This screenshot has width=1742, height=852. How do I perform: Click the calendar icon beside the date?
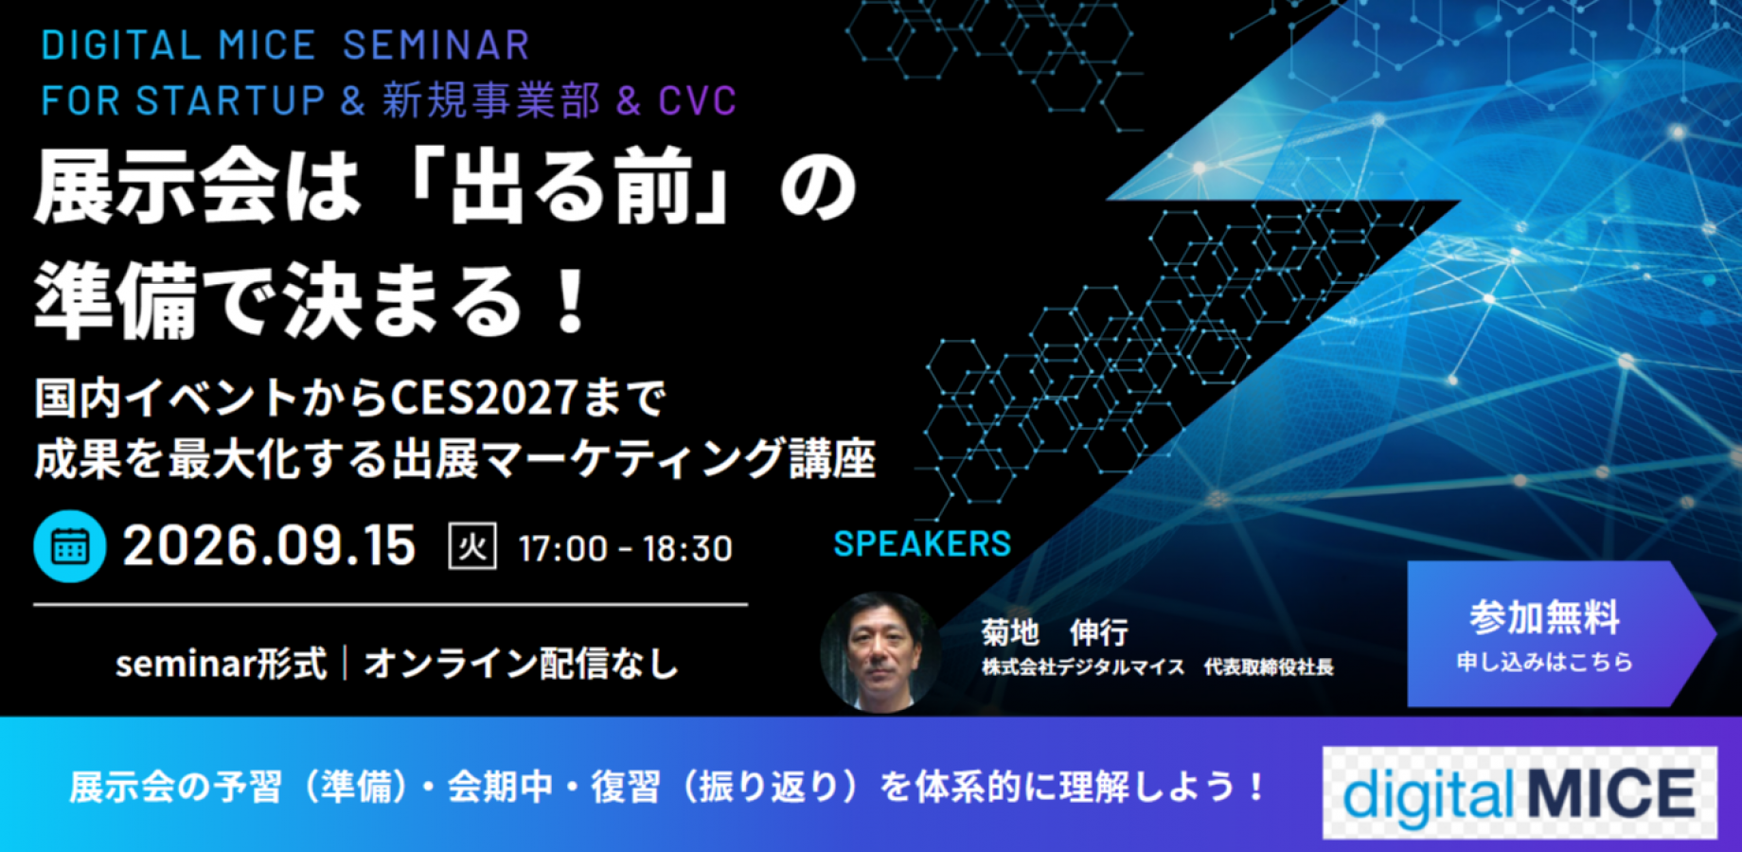click(69, 546)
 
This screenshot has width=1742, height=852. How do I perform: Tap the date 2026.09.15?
click(269, 546)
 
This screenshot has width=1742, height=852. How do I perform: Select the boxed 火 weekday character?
click(471, 547)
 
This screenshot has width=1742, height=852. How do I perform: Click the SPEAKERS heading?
click(922, 543)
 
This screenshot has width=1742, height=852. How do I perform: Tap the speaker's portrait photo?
click(880, 652)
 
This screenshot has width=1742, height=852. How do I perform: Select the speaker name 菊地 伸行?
click(1054, 631)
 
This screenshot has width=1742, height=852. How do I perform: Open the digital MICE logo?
click(1519, 793)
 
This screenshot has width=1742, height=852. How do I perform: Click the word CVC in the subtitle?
click(698, 100)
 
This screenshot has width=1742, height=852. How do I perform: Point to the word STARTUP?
click(230, 100)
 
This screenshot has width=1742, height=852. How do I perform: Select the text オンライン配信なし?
click(521, 664)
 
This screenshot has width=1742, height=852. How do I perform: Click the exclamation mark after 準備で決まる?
click(571, 301)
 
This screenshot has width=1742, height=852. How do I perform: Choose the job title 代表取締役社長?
click(1269, 667)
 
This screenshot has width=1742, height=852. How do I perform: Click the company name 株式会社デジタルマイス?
click(1083, 667)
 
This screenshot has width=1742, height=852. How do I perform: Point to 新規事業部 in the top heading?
click(491, 100)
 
